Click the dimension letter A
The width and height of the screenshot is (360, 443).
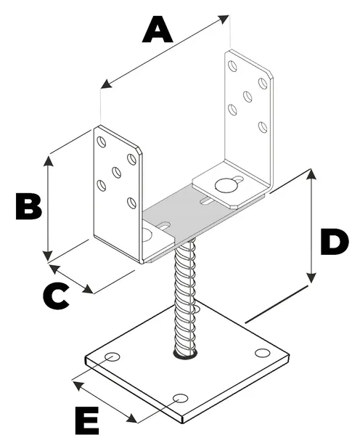(157, 29)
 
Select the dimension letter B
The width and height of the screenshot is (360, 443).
(29, 206)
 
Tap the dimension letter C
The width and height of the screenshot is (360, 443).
(56, 296)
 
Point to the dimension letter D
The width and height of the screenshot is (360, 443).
(335, 242)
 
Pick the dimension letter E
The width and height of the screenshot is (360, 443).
(87, 420)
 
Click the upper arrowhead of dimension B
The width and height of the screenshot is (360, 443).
(49, 160)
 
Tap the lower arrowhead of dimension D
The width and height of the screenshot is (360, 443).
(311, 277)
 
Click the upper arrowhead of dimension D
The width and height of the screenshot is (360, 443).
(311, 175)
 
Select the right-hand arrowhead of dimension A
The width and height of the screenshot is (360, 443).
(223, 19)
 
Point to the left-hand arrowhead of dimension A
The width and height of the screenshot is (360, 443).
(107, 84)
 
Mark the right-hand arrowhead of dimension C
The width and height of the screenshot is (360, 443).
(88, 289)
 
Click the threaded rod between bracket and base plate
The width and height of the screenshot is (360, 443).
(185, 296)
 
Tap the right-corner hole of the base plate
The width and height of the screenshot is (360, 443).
(262, 353)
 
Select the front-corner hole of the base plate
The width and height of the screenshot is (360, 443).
(181, 398)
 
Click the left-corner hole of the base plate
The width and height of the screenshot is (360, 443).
(112, 357)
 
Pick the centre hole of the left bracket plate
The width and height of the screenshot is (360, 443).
(117, 172)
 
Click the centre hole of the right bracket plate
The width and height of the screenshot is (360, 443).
(247, 97)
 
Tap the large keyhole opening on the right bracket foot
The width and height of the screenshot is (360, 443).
(226, 185)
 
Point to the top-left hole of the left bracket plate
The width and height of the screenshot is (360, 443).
(102, 142)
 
